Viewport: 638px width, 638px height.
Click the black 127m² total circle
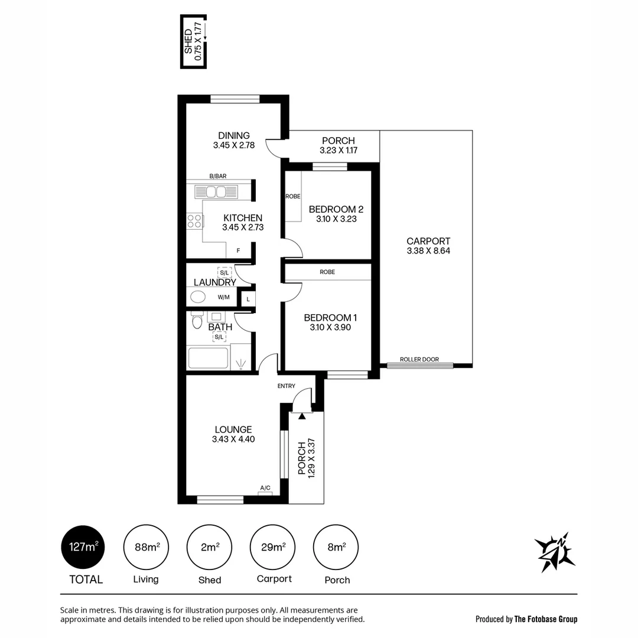click(84, 548)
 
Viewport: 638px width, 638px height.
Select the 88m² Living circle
click(146, 548)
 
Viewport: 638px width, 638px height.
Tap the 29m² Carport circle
click(273, 548)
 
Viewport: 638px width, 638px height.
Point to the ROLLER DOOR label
click(419, 359)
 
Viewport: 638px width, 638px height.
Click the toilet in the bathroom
click(197, 322)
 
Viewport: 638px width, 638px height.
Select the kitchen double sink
click(216, 192)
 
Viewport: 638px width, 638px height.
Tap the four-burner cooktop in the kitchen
click(194, 221)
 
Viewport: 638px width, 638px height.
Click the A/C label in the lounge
click(265, 488)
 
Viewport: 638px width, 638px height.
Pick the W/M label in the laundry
click(224, 297)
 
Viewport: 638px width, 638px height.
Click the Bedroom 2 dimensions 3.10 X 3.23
click(336, 219)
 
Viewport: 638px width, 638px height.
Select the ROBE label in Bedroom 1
click(327, 272)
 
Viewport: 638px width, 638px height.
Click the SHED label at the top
click(188, 42)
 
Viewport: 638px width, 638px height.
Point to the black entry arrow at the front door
click(302, 416)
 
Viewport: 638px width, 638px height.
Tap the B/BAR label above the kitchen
click(218, 176)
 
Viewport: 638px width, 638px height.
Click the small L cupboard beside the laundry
click(248, 300)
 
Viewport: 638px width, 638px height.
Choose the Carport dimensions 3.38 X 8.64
click(428, 251)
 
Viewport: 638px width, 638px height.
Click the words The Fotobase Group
click(546, 619)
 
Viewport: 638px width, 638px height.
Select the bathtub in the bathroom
click(208, 358)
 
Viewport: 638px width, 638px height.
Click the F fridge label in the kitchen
click(238, 250)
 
